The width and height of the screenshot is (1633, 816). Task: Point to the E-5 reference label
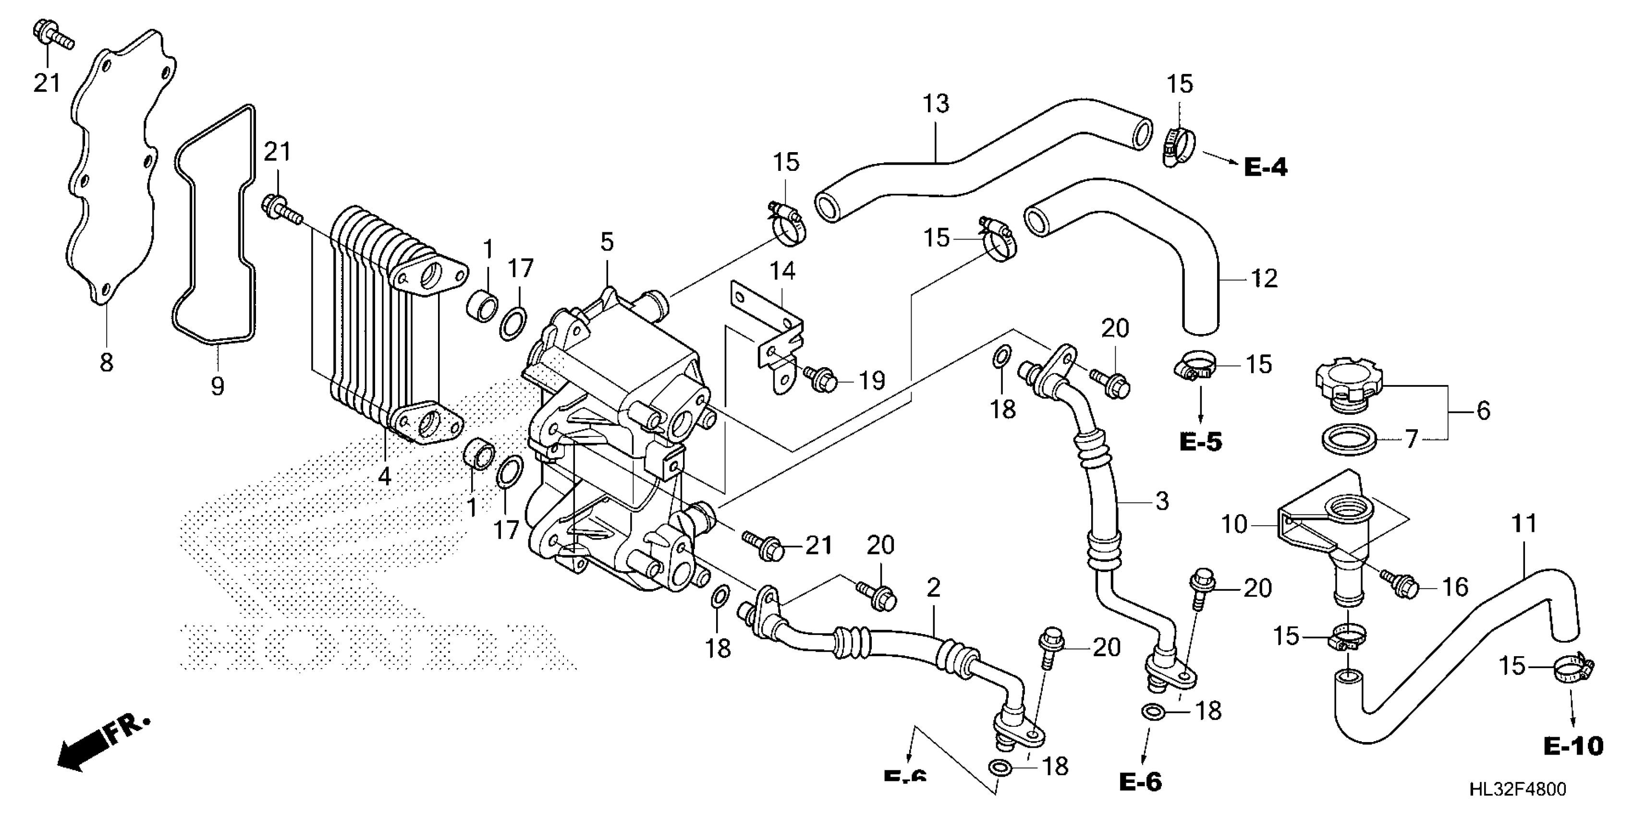(1200, 442)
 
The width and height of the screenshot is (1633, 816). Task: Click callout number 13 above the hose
(936, 104)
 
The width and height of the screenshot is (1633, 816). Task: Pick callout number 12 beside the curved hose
(1264, 278)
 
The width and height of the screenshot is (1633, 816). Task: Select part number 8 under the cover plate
(107, 362)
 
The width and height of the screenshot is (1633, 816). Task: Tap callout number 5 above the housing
(607, 242)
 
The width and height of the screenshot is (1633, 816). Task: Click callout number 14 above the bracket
(782, 271)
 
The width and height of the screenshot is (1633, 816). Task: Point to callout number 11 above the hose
(1524, 524)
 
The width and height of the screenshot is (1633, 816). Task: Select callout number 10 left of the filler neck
(1233, 525)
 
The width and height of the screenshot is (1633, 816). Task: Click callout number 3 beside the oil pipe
(1161, 502)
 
